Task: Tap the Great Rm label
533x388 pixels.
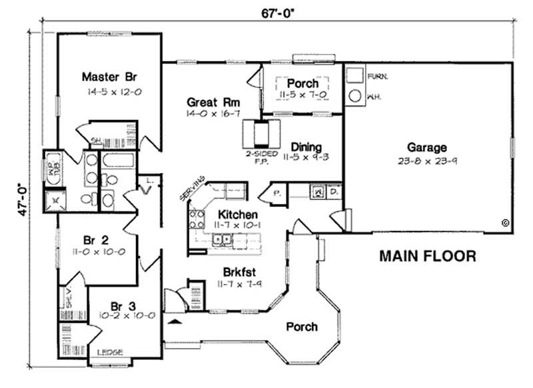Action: point(213,102)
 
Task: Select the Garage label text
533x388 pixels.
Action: point(428,148)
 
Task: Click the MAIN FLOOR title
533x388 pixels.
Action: point(428,256)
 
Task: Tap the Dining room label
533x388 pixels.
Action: point(306,146)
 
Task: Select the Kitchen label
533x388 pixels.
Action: point(237,215)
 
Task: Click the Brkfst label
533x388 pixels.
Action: point(240,272)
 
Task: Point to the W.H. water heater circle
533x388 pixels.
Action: point(354,95)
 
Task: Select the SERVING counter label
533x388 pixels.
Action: point(193,190)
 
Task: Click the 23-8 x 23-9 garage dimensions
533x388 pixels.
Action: point(428,160)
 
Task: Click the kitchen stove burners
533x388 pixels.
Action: point(197,220)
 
